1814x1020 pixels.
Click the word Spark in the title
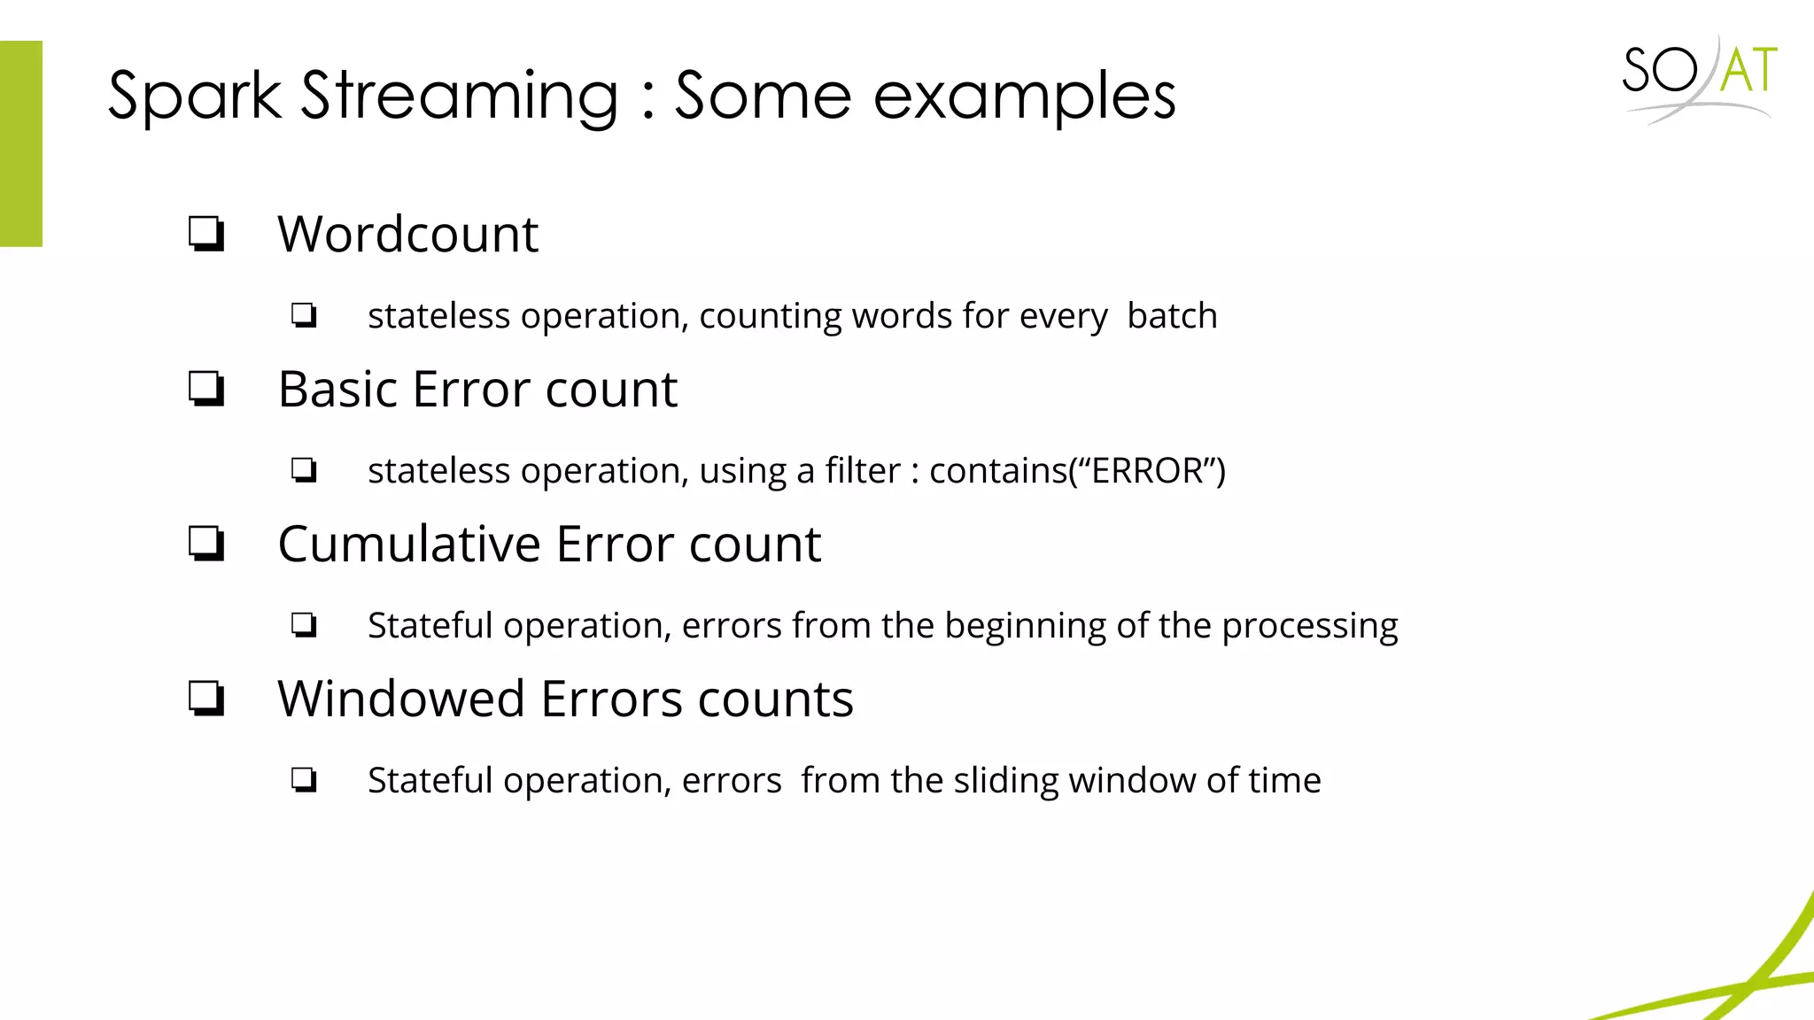[x=194, y=96]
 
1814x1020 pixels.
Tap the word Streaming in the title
[x=460, y=96]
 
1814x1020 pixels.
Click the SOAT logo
[x=1699, y=78]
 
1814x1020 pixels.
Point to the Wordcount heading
[x=407, y=235]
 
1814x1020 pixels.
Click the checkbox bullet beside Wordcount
[x=206, y=235]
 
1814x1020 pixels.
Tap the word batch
[x=1172, y=316]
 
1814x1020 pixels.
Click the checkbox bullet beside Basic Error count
[x=206, y=389]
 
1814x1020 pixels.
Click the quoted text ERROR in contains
[x=1146, y=471]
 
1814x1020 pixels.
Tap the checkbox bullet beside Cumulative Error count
[x=206, y=544]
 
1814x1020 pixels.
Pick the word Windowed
[x=401, y=699]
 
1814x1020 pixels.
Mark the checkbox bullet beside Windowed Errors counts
[x=206, y=699]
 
